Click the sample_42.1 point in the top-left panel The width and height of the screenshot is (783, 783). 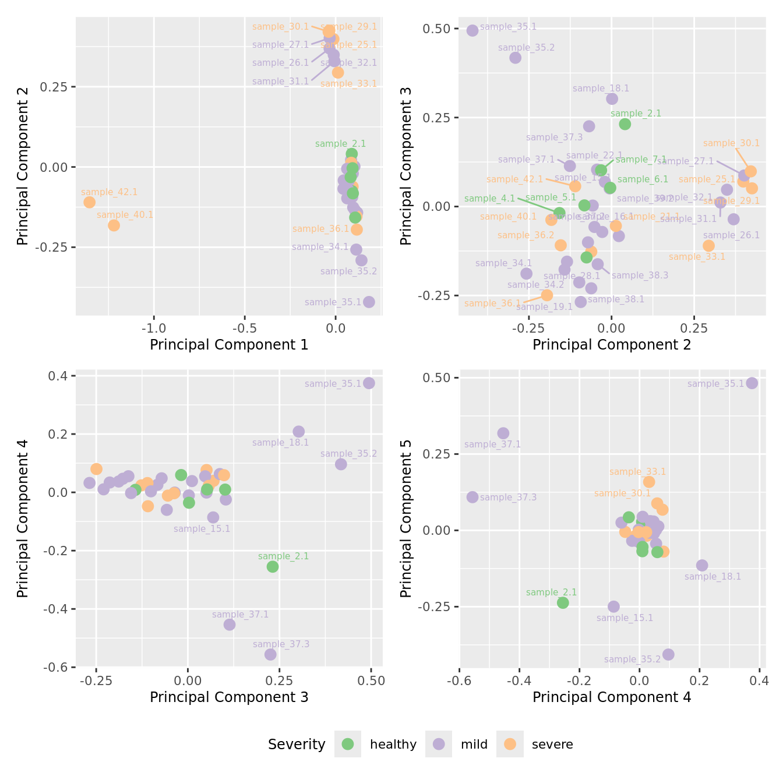click(89, 202)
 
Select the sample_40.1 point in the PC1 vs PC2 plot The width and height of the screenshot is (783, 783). click(114, 225)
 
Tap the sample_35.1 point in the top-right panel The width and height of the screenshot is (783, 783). click(472, 30)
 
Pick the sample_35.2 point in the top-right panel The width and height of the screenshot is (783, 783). click(516, 58)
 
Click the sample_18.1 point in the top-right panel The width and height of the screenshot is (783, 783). click(612, 99)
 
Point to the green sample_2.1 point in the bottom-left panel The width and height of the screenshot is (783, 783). click(273, 566)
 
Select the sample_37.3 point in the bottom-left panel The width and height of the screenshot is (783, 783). click(270, 654)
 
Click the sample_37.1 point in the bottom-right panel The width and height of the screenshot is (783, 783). click(503, 433)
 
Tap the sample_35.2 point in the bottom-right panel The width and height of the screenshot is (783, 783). click(668, 654)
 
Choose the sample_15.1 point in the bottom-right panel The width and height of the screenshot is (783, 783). click(613, 606)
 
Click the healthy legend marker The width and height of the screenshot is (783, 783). click(348, 744)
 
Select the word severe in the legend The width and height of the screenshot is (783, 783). click(552, 745)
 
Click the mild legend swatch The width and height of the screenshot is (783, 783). click(439, 744)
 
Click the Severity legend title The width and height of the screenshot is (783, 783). click(297, 745)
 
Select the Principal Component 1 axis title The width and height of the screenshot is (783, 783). click(229, 345)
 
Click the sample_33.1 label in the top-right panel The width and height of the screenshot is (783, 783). click(697, 257)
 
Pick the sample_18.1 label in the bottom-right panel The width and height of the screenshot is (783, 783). click(713, 577)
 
